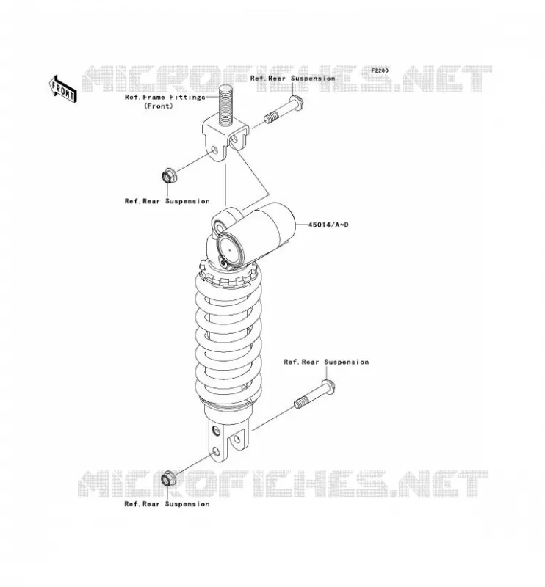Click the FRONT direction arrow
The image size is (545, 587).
63,89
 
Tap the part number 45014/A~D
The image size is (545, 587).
328,225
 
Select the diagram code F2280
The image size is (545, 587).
380,70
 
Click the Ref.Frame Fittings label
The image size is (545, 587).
165,97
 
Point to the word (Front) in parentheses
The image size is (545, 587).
159,106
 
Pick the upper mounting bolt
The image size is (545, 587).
284,111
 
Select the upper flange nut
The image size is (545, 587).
168,176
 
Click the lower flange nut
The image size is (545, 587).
168,478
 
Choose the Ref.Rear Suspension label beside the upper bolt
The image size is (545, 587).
293,79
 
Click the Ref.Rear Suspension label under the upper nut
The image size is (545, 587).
167,201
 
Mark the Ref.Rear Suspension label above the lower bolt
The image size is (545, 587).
326,362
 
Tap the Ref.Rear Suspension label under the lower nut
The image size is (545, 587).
167,504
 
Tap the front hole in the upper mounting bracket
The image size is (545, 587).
214,150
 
